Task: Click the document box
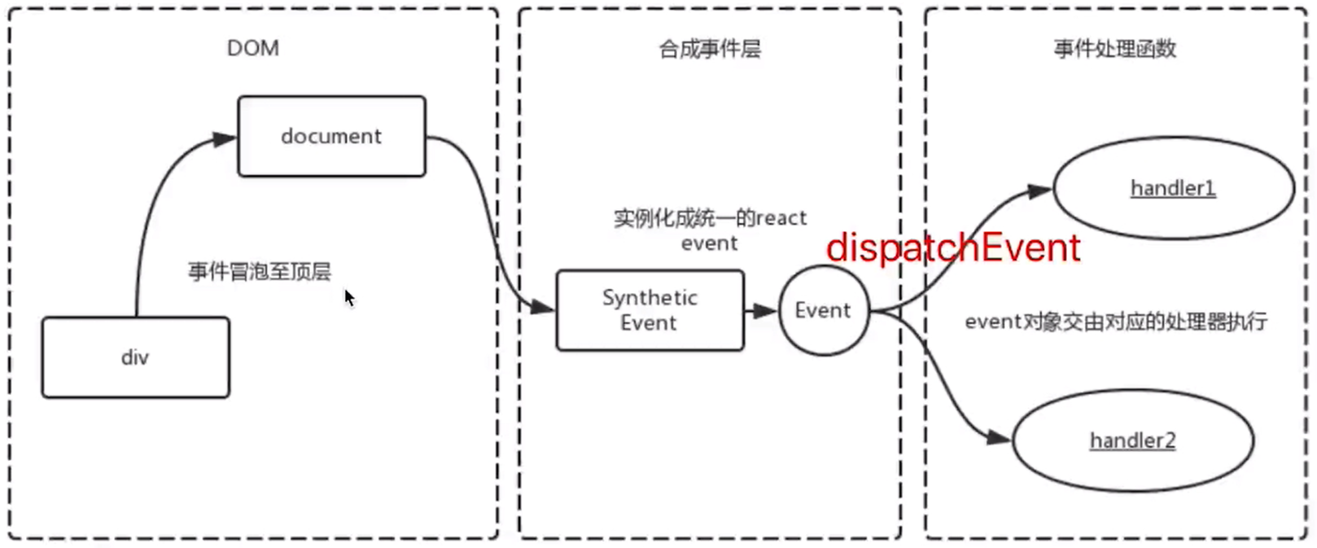point(331,137)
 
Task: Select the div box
point(136,357)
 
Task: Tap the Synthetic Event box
point(650,310)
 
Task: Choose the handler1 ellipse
point(1174,188)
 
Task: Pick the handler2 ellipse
point(1133,441)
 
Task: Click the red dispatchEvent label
point(953,248)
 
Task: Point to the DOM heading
point(253,48)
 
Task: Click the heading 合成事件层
point(711,49)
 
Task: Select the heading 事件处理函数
point(1115,49)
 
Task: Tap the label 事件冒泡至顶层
point(260,272)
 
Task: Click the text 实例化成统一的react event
point(711,230)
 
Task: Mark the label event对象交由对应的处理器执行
point(1116,322)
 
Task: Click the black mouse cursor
point(350,297)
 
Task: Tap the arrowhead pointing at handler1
point(1039,191)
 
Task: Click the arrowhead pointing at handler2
point(999,437)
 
